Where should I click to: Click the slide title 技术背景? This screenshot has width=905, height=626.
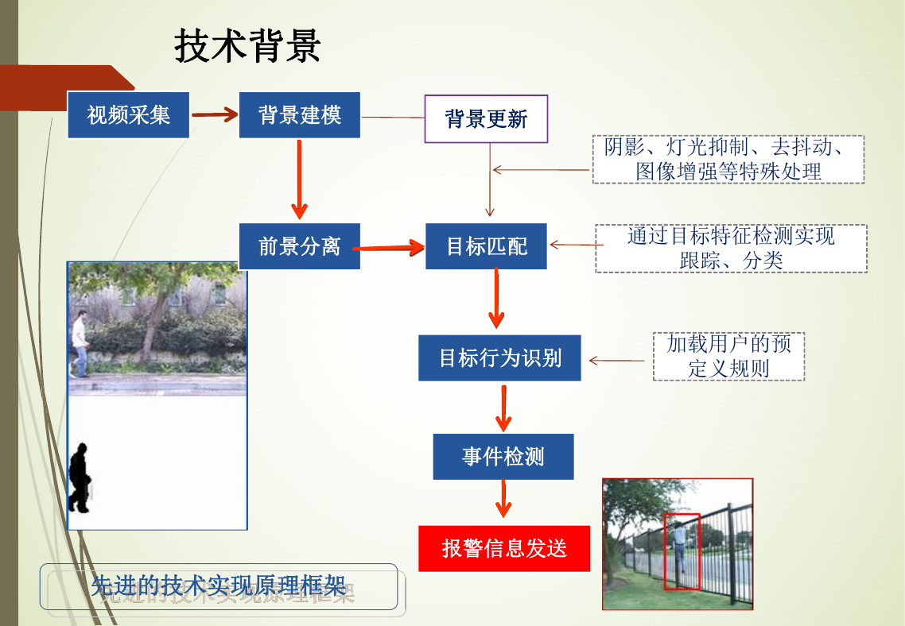pyautogui.click(x=247, y=45)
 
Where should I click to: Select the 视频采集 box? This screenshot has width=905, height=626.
pyautogui.click(x=128, y=115)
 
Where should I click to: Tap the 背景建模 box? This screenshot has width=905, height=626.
pyautogui.click(x=300, y=115)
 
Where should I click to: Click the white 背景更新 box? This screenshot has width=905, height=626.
pyautogui.click(x=486, y=118)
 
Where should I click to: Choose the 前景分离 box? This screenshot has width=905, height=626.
pyautogui.click(x=300, y=246)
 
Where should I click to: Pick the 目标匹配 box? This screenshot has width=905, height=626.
pyautogui.click(x=486, y=246)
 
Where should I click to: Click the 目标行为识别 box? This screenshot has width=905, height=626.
pyautogui.click(x=500, y=358)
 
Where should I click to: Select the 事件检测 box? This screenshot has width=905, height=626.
pyautogui.click(x=503, y=457)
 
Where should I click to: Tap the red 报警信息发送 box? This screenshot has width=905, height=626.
pyautogui.click(x=504, y=548)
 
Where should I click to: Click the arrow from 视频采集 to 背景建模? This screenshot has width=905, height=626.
pyautogui.click(x=215, y=114)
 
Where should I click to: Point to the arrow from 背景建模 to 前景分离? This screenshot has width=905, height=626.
pyautogui.click(x=299, y=180)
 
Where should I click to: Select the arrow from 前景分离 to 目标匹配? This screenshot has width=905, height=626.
pyautogui.click(x=389, y=248)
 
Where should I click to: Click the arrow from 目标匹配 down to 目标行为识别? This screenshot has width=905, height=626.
pyautogui.click(x=496, y=299)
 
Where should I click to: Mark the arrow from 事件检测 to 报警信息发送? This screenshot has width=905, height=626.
pyautogui.click(x=503, y=499)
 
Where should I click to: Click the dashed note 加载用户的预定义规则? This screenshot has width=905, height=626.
pyautogui.click(x=728, y=356)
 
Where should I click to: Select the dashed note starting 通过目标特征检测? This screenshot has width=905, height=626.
pyautogui.click(x=732, y=249)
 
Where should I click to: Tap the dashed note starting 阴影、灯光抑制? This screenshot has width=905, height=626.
pyautogui.click(x=728, y=160)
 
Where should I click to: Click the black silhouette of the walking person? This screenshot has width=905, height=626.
pyautogui.click(x=80, y=478)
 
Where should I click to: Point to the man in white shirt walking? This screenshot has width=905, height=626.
pyautogui.click(x=80, y=344)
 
